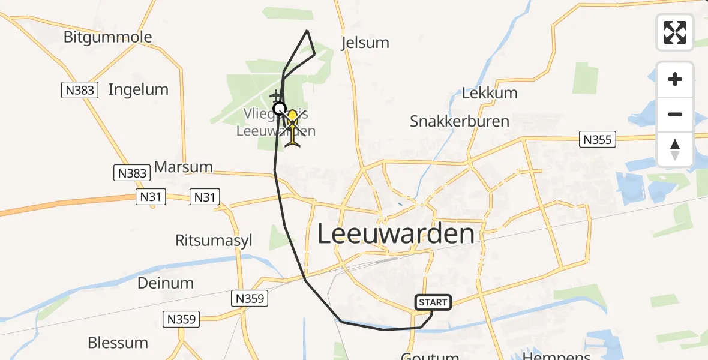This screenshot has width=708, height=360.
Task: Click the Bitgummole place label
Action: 107,37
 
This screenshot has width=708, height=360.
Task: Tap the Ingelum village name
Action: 138,90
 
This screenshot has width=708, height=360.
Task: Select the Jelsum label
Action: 365,43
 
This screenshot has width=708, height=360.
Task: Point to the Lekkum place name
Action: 490,93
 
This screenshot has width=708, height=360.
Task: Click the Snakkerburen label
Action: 459,121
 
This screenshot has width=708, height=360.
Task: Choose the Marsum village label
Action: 183,167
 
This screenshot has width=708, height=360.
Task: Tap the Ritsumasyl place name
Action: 214,241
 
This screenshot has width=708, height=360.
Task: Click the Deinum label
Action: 166,283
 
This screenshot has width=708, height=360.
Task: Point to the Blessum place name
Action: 118,343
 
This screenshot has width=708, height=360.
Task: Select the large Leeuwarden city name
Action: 395,233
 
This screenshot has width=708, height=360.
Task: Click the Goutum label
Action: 430,356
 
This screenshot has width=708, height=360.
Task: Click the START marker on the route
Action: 433,302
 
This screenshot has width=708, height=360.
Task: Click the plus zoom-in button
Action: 675,79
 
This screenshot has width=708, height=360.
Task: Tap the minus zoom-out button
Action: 675,114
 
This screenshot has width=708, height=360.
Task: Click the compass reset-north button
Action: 675,149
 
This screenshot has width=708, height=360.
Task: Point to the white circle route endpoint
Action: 279,109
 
